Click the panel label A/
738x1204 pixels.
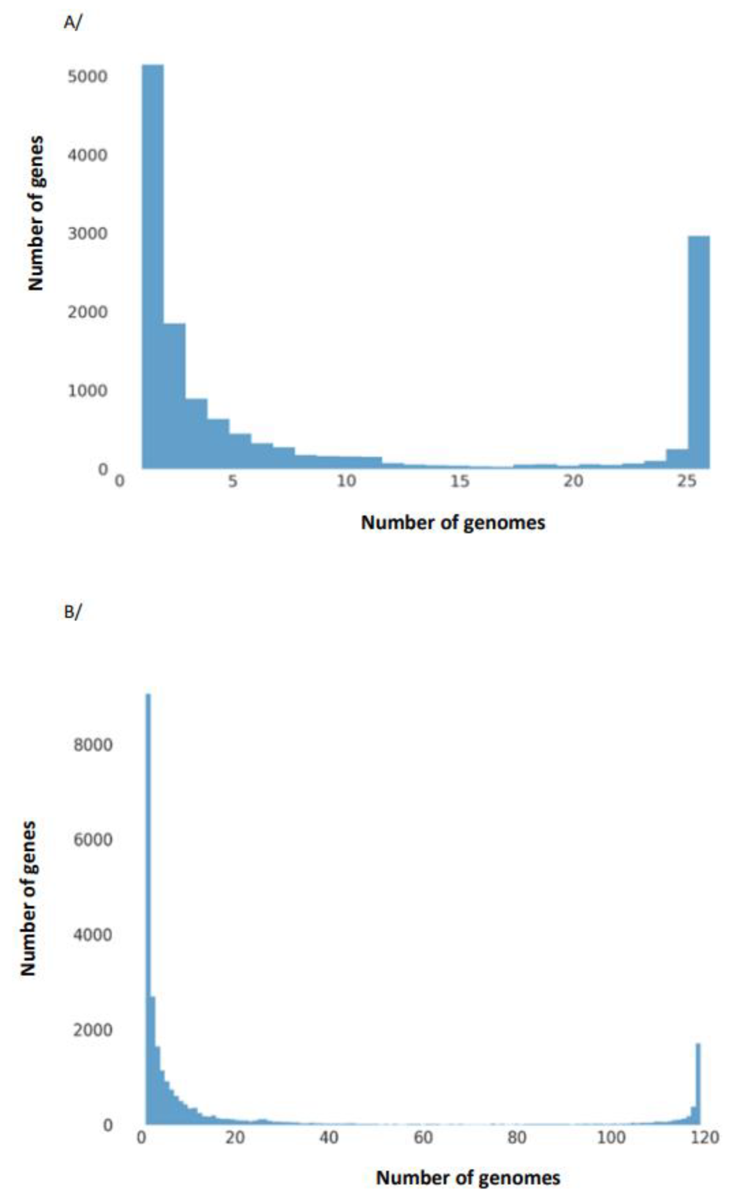[72, 23]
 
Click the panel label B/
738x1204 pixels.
[72, 611]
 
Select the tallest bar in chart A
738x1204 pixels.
[153, 266]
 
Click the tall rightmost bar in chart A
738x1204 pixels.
[699, 352]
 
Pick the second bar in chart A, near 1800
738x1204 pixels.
[175, 396]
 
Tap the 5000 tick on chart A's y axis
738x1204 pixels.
[87, 77]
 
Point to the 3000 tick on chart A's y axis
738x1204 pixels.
[87, 234]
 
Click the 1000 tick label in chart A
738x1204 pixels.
[87, 391]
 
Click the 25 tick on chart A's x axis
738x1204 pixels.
[686, 481]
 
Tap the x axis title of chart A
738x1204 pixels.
[453, 523]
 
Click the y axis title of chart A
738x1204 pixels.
[35, 213]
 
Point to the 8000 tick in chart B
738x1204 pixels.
[93, 745]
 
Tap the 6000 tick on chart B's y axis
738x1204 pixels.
[93, 840]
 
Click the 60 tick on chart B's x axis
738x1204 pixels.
[423, 1138]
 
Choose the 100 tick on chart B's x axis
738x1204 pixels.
[611, 1138]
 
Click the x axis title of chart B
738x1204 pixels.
[468, 1177]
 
